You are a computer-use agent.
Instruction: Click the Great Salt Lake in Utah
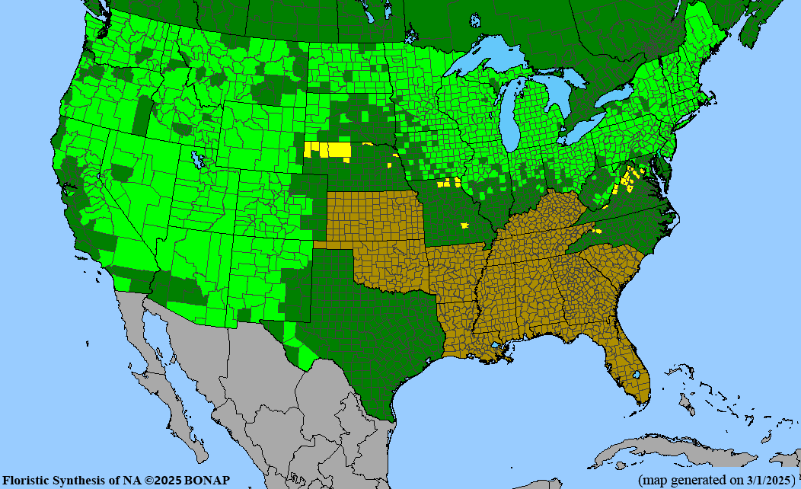click(x=199, y=160)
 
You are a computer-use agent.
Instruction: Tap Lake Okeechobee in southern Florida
click(x=637, y=376)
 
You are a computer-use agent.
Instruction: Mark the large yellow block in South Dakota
click(x=331, y=149)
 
